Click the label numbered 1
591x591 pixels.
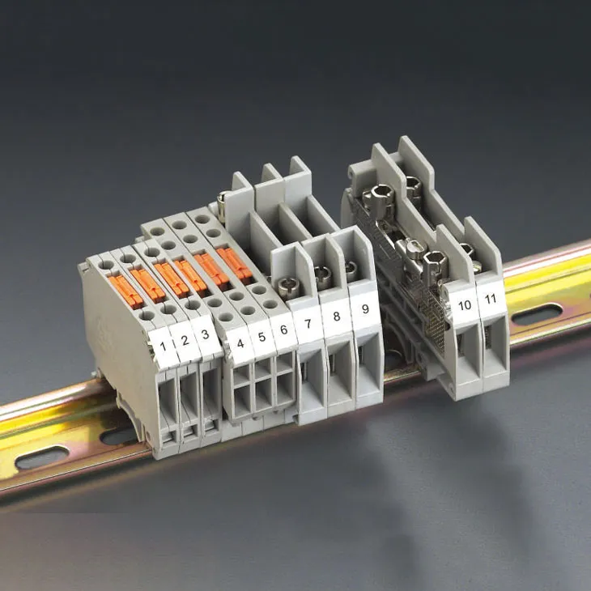pyautogui.click(x=164, y=346)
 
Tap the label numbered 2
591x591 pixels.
pyautogui.click(x=185, y=341)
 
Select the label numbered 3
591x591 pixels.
pyautogui.click(x=206, y=334)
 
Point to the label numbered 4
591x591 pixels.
pyautogui.click(x=240, y=343)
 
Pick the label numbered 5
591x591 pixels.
pyautogui.click(x=262, y=337)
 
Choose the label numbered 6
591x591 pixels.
pyautogui.click(x=284, y=330)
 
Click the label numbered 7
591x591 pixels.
pyautogui.click(x=308, y=323)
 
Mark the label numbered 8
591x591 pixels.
pyautogui.click(x=337, y=316)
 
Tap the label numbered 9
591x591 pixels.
pyautogui.click(x=365, y=308)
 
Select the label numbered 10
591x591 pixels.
pyautogui.click(x=465, y=305)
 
